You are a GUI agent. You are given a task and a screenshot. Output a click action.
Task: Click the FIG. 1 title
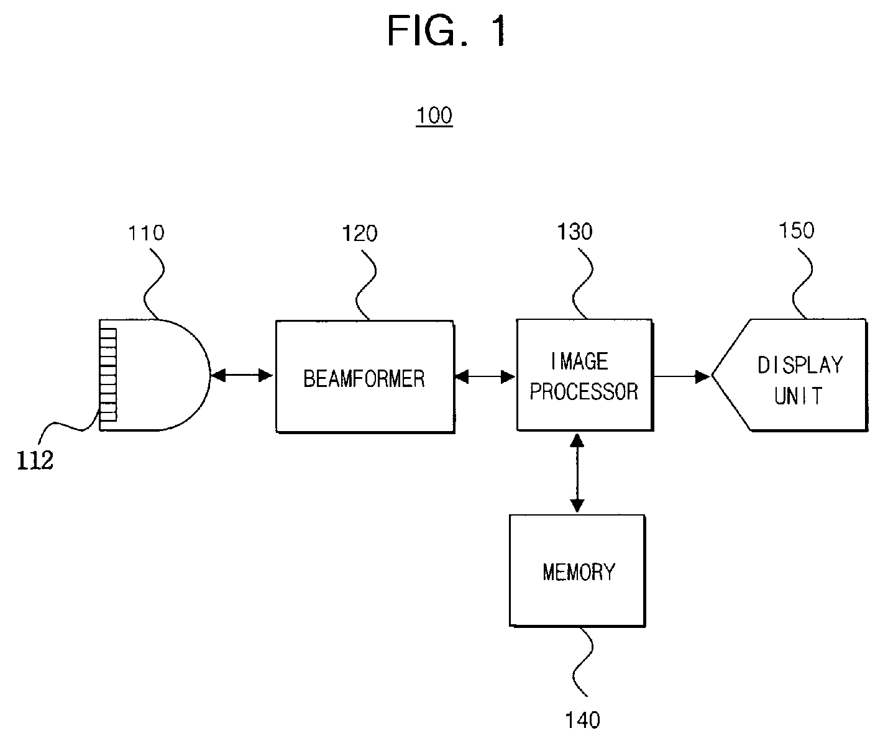click(x=446, y=30)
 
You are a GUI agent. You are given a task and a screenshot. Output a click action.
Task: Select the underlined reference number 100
click(x=434, y=115)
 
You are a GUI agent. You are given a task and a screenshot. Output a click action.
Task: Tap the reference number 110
click(x=146, y=233)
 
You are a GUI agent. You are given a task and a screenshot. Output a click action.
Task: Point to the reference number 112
click(x=35, y=460)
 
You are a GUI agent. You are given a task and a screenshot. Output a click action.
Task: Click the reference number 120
click(x=360, y=234)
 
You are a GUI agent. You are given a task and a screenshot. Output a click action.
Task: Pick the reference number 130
click(x=575, y=232)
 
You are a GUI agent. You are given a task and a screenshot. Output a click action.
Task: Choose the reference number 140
click(x=582, y=720)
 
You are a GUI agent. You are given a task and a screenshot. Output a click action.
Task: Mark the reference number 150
click(x=796, y=230)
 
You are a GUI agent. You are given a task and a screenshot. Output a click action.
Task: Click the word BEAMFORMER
click(x=364, y=378)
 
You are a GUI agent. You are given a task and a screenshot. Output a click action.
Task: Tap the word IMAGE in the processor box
click(x=579, y=361)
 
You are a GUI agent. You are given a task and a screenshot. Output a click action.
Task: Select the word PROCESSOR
click(x=584, y=391)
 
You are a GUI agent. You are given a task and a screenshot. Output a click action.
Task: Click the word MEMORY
click(x=579, y=572)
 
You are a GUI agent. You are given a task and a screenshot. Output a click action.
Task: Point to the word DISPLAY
click(x=800, y=365)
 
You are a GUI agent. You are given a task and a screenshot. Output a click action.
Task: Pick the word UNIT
click(x=798, y=396)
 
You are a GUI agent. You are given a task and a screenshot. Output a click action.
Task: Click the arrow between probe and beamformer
click(x=242, y=375)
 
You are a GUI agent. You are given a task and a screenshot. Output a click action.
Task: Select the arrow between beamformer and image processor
click(x=485, y=376)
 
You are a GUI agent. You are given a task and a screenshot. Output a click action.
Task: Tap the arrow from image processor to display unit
click(x=682, y=376)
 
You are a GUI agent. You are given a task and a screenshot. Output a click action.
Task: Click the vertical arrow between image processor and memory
click(x=577, y=473)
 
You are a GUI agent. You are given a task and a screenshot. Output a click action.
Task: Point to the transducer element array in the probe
click(x=109, y=375)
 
